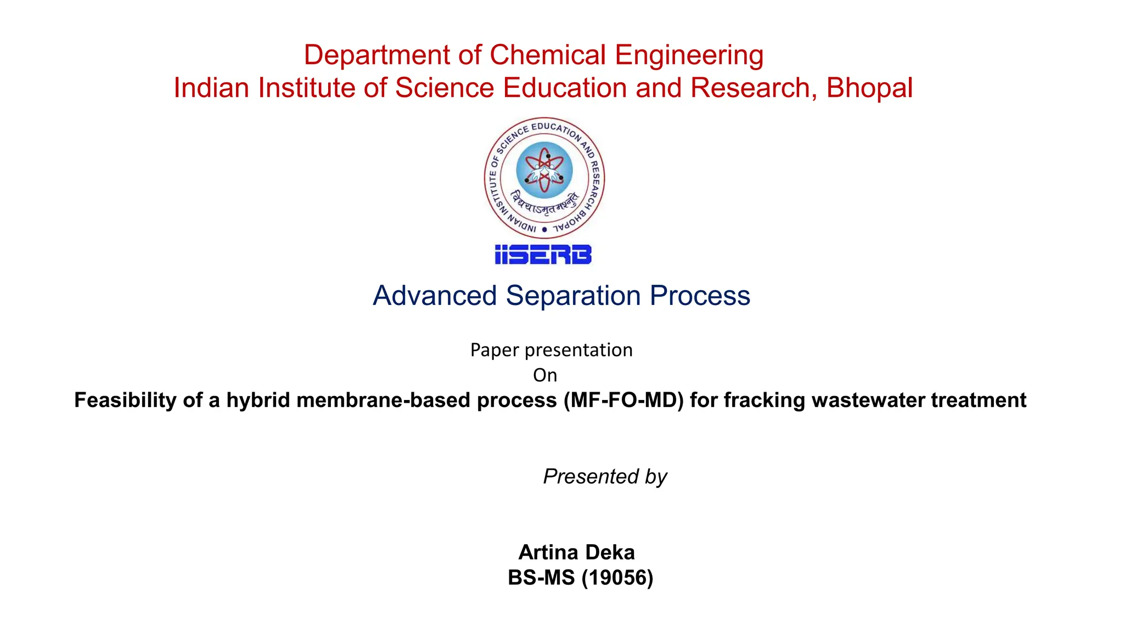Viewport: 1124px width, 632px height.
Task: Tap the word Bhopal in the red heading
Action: tap(869, 88)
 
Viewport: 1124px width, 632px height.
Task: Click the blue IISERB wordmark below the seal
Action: tap(543, 255)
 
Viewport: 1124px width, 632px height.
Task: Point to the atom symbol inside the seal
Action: tap(544, 170)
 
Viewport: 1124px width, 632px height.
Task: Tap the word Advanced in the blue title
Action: tap(435, 296)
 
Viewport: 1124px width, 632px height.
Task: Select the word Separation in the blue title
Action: tap(573, 296)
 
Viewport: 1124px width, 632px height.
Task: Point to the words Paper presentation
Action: tap(551, 350)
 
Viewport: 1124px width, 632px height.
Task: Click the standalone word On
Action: tap(545, 375)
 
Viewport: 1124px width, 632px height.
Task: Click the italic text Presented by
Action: tap(605, 476)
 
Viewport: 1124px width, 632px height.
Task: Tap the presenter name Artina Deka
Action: tap(576, 552)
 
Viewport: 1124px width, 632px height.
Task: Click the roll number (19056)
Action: tap(617, 578)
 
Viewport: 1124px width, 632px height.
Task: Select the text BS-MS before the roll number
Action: tap(541, 578)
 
